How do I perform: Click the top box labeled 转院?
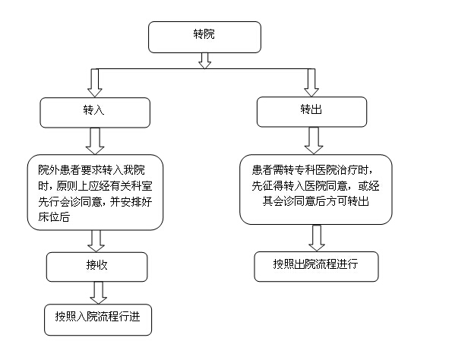204,37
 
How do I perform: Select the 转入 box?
95,112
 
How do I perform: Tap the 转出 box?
311,112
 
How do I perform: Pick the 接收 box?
97,267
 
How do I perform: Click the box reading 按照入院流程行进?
98,320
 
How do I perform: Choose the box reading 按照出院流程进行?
316,267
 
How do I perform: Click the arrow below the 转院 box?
204,61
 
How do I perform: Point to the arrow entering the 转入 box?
95,83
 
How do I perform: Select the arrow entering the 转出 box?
311,83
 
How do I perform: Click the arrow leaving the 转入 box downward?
95,141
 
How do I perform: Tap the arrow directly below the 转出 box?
314,141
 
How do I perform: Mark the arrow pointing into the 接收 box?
96,241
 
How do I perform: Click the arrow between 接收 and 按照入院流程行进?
98,292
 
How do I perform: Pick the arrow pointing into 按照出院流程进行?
317,238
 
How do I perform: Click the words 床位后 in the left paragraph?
54,216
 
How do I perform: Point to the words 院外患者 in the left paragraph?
59,170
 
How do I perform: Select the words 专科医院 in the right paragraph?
315,170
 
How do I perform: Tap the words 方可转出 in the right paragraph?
348,201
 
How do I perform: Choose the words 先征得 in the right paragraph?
267,185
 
